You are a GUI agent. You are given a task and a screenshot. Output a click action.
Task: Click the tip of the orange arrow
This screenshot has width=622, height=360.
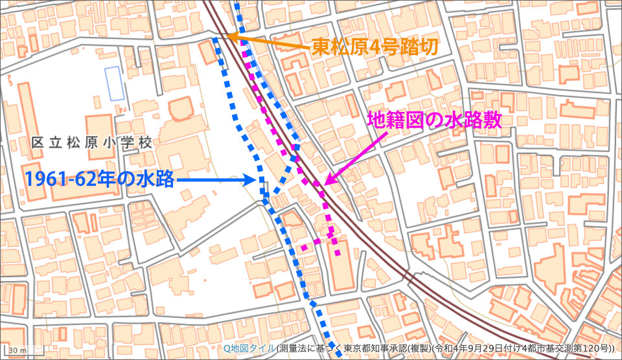[224, 38]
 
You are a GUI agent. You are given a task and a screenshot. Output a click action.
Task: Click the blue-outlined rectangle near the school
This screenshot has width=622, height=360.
[115, 84]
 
